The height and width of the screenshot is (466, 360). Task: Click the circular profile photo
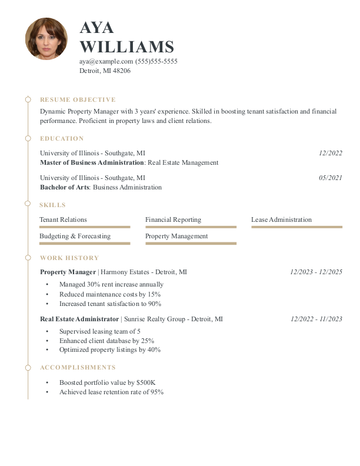46,39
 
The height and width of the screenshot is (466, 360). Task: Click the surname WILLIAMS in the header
126,47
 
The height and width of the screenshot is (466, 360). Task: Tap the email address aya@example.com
106,61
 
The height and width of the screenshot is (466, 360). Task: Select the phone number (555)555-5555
156,61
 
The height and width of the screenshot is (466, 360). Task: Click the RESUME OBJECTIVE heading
78,100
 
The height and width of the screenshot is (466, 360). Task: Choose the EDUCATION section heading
62,139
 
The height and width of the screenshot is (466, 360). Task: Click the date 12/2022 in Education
330,153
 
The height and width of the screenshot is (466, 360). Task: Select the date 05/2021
330,178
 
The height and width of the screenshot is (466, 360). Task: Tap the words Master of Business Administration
92,162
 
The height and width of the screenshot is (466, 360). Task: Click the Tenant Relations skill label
63,219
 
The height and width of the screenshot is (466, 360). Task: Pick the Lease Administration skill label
281,219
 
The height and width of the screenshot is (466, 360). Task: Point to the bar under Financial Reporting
191,227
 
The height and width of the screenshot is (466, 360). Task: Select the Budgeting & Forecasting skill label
75,236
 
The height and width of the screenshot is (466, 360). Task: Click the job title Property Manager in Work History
68,272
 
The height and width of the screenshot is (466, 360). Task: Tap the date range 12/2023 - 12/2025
316,272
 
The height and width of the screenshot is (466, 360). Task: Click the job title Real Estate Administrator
79,319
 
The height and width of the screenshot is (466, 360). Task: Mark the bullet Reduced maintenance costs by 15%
110,294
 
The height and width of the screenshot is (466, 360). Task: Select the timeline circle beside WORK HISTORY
28,258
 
